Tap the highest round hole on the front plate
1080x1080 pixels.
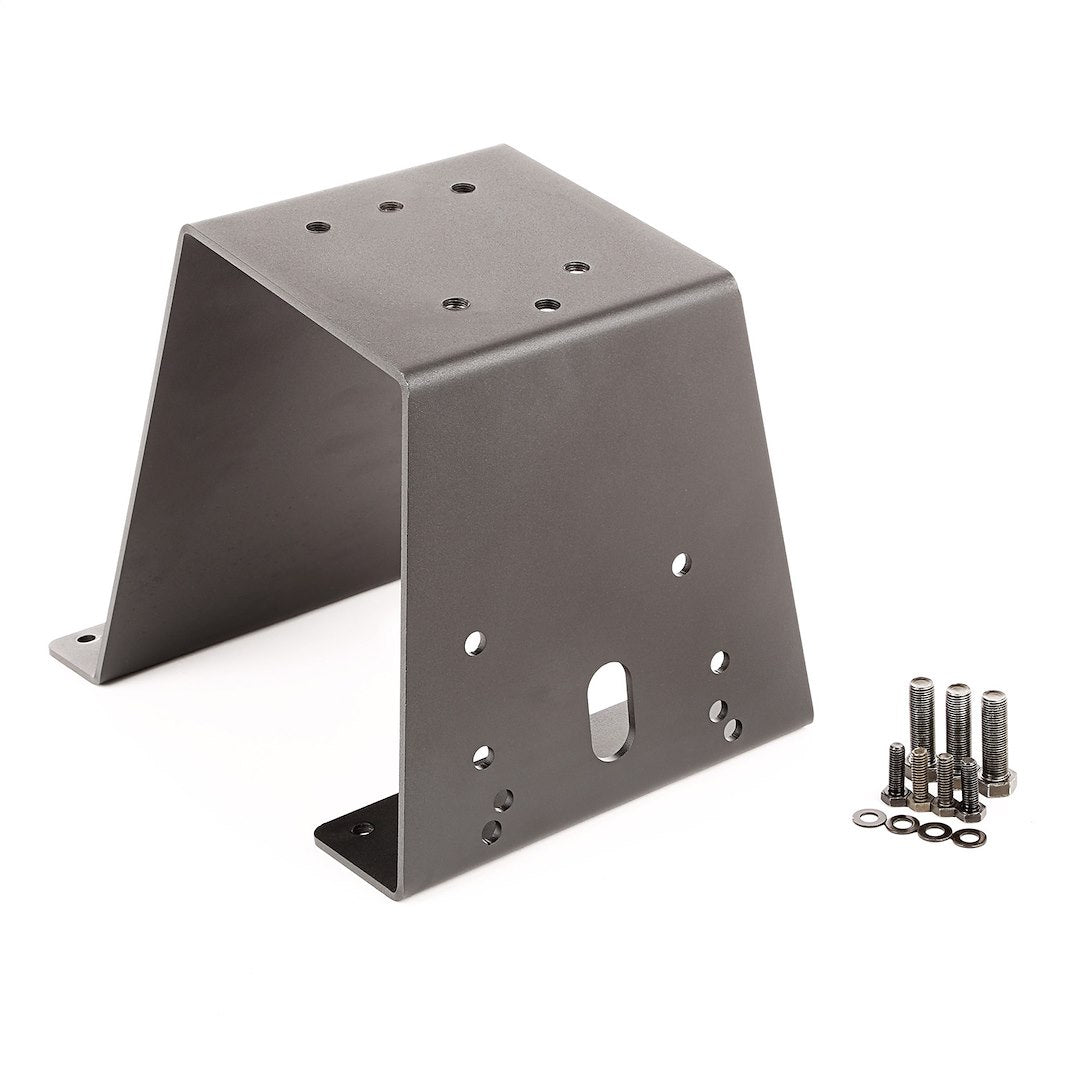pos(682,564)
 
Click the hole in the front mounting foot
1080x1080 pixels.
pos(361,828)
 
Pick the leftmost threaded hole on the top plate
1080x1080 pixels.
pos(316,228)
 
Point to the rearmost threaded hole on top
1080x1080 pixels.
pos(461,187)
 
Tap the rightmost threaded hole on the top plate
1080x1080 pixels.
pos(574,267)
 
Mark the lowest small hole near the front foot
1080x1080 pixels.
pos(492,828)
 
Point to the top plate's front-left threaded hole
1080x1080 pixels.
pos(455,302)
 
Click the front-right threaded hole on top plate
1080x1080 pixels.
pos(545,304)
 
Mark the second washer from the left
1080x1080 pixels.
pos(902,825)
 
